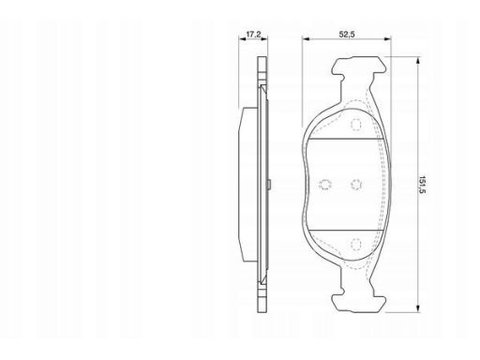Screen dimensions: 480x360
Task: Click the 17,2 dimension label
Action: (x=253, y=35)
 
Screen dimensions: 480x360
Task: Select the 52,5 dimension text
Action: (x=347, y=35)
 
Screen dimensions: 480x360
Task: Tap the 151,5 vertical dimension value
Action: (x=423, y=185)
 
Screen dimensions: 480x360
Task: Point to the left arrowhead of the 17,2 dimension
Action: (x=242, y=39)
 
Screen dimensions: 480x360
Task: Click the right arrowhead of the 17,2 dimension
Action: (x=264, y=39)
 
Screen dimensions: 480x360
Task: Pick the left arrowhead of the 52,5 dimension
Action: (x=306, y=39)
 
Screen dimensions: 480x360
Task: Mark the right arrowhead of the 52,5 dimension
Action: (x=387, y=39)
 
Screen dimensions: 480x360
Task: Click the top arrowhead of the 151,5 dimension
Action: (x=418, y=61)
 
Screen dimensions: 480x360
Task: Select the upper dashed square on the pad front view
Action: (x=356, y=125)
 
